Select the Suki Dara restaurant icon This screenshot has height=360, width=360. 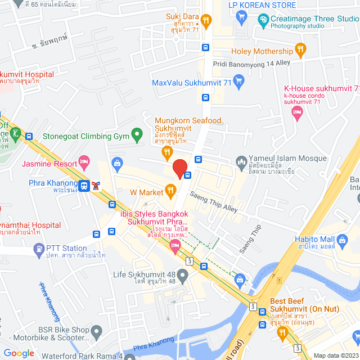click(x=206, y=21)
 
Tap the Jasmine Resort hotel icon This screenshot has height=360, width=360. click(x=84, y=164)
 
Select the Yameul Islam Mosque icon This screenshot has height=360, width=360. click(x=241, y=160)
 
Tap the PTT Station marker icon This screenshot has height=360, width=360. click(x=38, y=248)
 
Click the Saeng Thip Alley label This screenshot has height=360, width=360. click(x=214, y=201)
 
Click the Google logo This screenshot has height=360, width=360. click(x=19, y=353)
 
